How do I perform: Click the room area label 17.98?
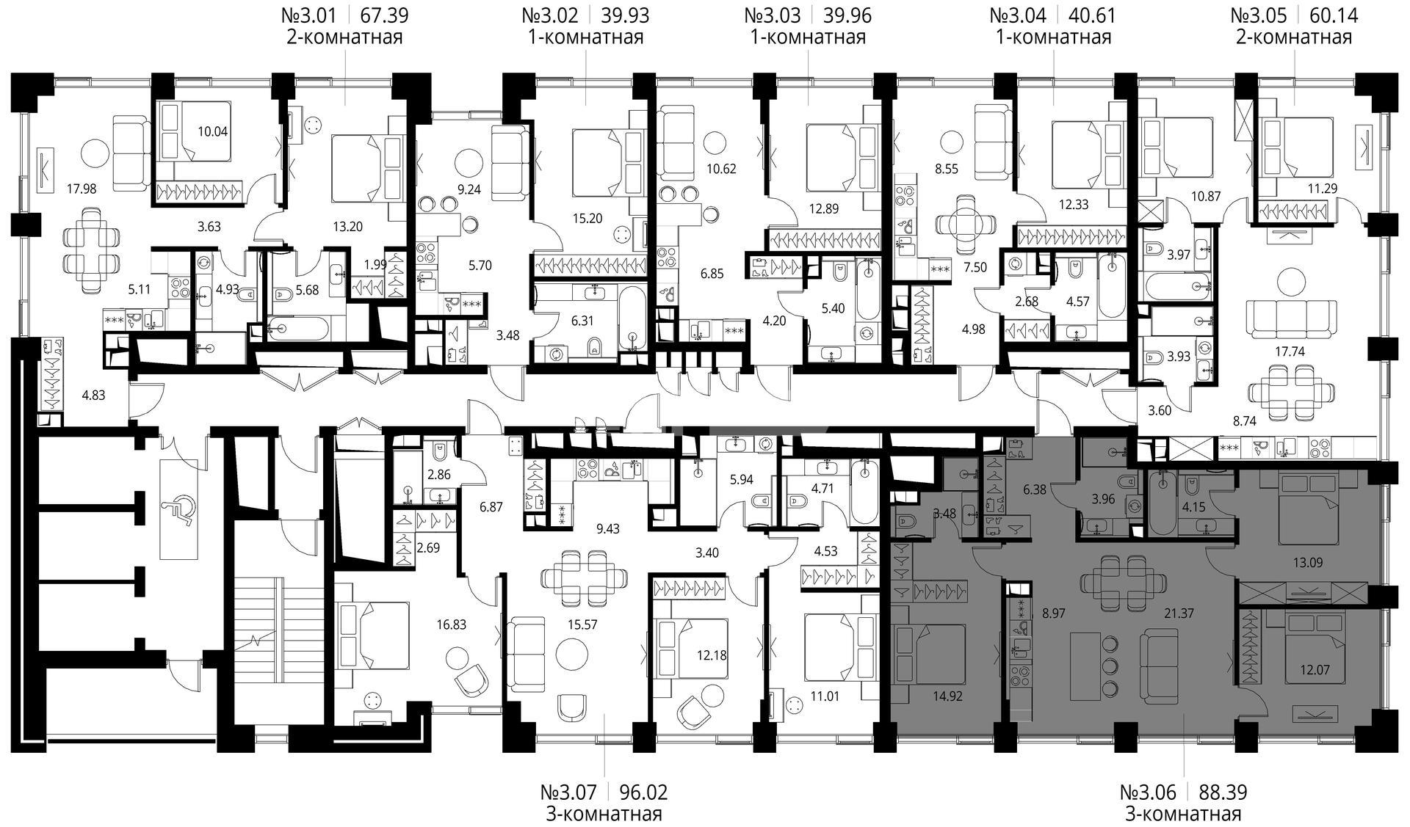click(x=60, y=189)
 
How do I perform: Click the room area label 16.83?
click(x=451, y=625)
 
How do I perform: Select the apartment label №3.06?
click(x=1149, y=793)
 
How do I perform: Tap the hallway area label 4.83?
click(x=93, y=395)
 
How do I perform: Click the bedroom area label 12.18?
click(x=710, y=655)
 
